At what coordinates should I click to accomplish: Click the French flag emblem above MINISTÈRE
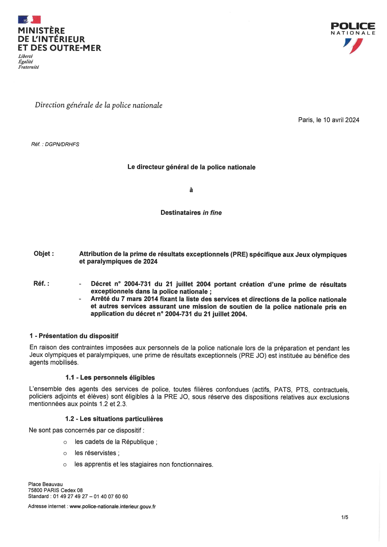(x=29, y=20)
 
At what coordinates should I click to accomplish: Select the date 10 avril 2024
(x=341, y=120)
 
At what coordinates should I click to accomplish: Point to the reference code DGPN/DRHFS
(x=62, y=144)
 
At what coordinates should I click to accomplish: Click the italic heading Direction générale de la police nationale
(x=98, y=105)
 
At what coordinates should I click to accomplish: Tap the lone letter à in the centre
(x=191, y=190)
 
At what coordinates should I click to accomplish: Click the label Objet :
(x=44, y=254)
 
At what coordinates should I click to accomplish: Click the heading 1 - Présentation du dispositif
(x=74, y=336)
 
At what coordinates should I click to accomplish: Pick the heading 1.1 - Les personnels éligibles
(x=110, y=378)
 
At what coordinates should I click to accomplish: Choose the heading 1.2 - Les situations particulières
(x=114, y=419)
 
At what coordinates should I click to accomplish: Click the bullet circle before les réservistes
(x=65, y=453)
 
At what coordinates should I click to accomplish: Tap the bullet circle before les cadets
(x=65, y=442)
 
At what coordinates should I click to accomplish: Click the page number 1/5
(x=345, y=517)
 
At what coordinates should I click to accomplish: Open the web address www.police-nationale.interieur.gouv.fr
(x=112, y=506)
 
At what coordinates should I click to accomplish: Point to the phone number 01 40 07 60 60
(x=111, y=496)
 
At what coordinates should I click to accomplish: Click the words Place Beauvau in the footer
(x=45, y=484)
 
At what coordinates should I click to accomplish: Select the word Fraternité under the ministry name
(x=28, y=67)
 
